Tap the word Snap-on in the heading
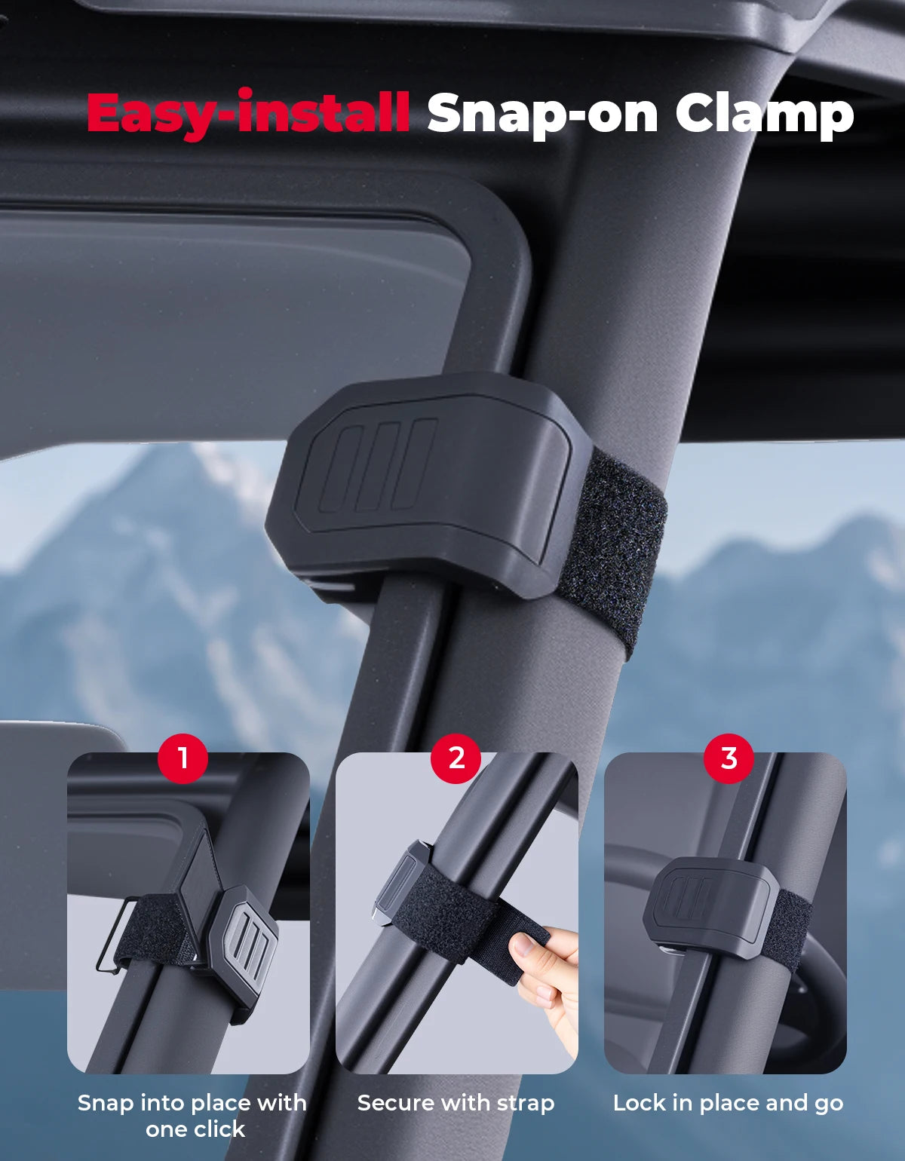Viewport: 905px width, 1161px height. click(542, 115)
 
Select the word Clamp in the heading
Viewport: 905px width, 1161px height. click(765, 115)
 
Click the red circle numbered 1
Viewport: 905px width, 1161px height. click(183, 758)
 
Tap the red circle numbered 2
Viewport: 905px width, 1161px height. click(456, 758)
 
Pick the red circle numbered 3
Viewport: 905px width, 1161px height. click(729, 758)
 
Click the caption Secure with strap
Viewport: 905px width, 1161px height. click(456, 1102)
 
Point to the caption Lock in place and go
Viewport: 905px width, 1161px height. click(729, 1102)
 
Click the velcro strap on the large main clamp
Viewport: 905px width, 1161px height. click(615, 550)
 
